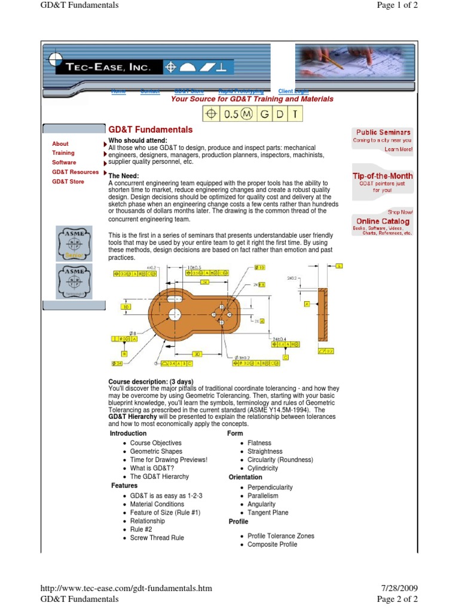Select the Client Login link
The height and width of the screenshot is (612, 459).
[294, 91]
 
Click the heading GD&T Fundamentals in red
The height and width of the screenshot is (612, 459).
[150, 130]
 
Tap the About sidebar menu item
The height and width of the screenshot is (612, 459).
[60, 144]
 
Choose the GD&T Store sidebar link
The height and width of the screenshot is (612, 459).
[68, 181]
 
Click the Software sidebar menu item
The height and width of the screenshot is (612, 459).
[64, 163]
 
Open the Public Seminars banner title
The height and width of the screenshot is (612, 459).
[383, 132]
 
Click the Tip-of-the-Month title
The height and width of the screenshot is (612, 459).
[382, 176]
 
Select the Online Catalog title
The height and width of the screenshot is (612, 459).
[383, 221]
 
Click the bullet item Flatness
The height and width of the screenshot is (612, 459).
[259, 443]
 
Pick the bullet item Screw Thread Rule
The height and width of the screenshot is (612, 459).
[157, 538]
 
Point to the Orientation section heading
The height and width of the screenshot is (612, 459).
[245, 477]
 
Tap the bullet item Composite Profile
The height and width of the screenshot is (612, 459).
[272, 544]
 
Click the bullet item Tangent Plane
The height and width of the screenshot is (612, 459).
[268, 513]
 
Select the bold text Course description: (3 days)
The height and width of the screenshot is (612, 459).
[151, 381]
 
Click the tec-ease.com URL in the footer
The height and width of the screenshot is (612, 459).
[126, 589]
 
